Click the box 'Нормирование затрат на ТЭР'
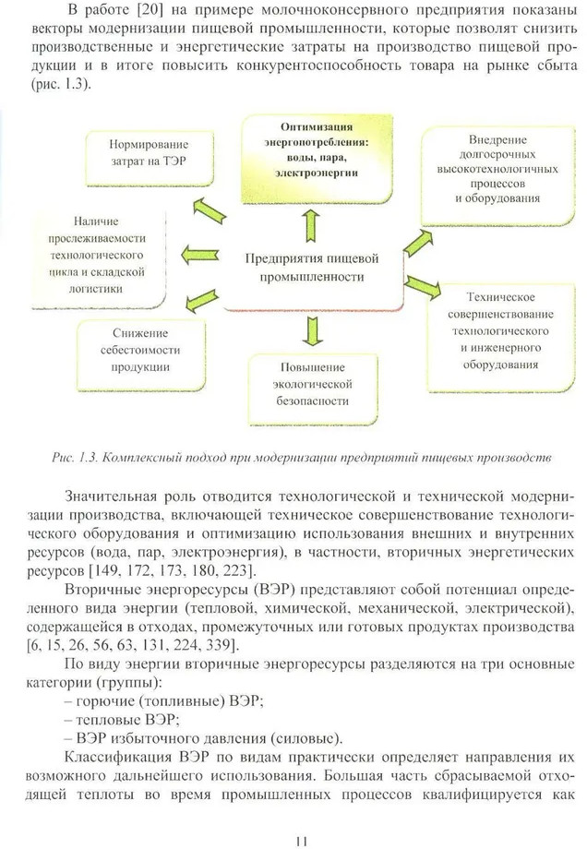pyautogui.click(x=148, y=152)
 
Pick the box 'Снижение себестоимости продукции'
pyautogui.click(x=140, y=350)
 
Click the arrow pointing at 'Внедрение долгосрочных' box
pyautogui.click(x=416, y=241)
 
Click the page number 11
pyautogui.click(x=301, y=840)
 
